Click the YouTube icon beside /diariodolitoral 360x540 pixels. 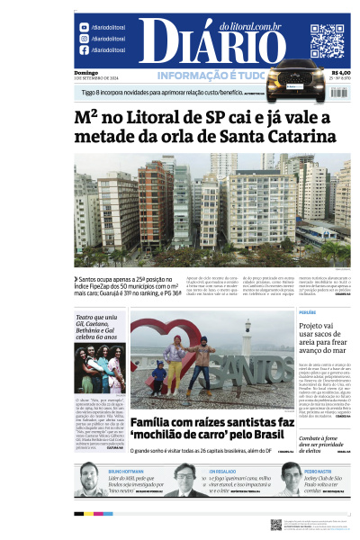(x=84, y=28)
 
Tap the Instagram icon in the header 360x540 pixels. (x=84, y=39)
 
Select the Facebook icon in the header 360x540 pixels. (x=84, y=49)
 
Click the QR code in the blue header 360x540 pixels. (x=327, y=40)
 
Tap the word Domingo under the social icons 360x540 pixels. (x=86, y=72)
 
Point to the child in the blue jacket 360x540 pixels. (x=158, y=377)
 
